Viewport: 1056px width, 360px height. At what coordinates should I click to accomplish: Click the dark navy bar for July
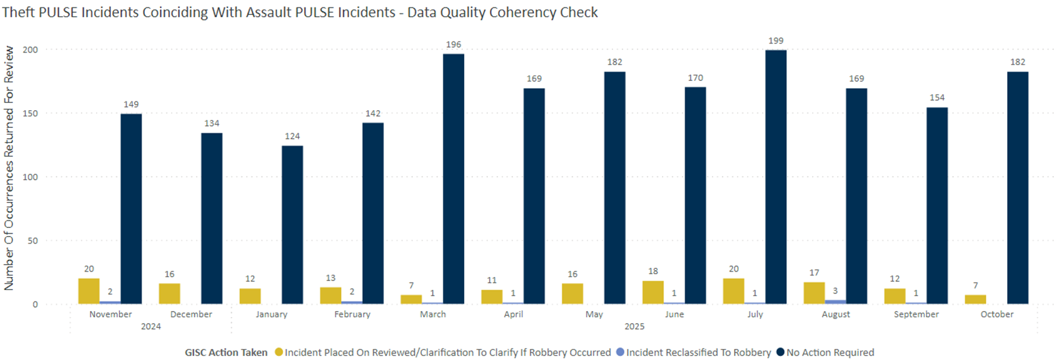point(776,177)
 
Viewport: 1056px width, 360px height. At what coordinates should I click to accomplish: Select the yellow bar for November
point(88,291)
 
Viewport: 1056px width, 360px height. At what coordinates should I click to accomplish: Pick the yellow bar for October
point(975,299)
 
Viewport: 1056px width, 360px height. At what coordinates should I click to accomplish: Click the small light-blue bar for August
point(836,301)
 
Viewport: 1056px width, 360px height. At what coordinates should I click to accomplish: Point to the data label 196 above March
point(453,44)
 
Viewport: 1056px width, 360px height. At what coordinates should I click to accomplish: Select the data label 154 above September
point(937,98)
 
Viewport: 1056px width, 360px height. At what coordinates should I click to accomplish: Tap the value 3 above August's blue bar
point(836,291)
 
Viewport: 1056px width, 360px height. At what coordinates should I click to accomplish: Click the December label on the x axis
point(192,314)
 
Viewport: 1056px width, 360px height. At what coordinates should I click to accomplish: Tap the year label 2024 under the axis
point(151,327)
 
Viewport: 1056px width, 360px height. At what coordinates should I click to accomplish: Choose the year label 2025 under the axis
point(634,327)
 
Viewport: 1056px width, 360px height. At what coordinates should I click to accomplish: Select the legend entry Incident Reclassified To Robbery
point(698,352)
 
